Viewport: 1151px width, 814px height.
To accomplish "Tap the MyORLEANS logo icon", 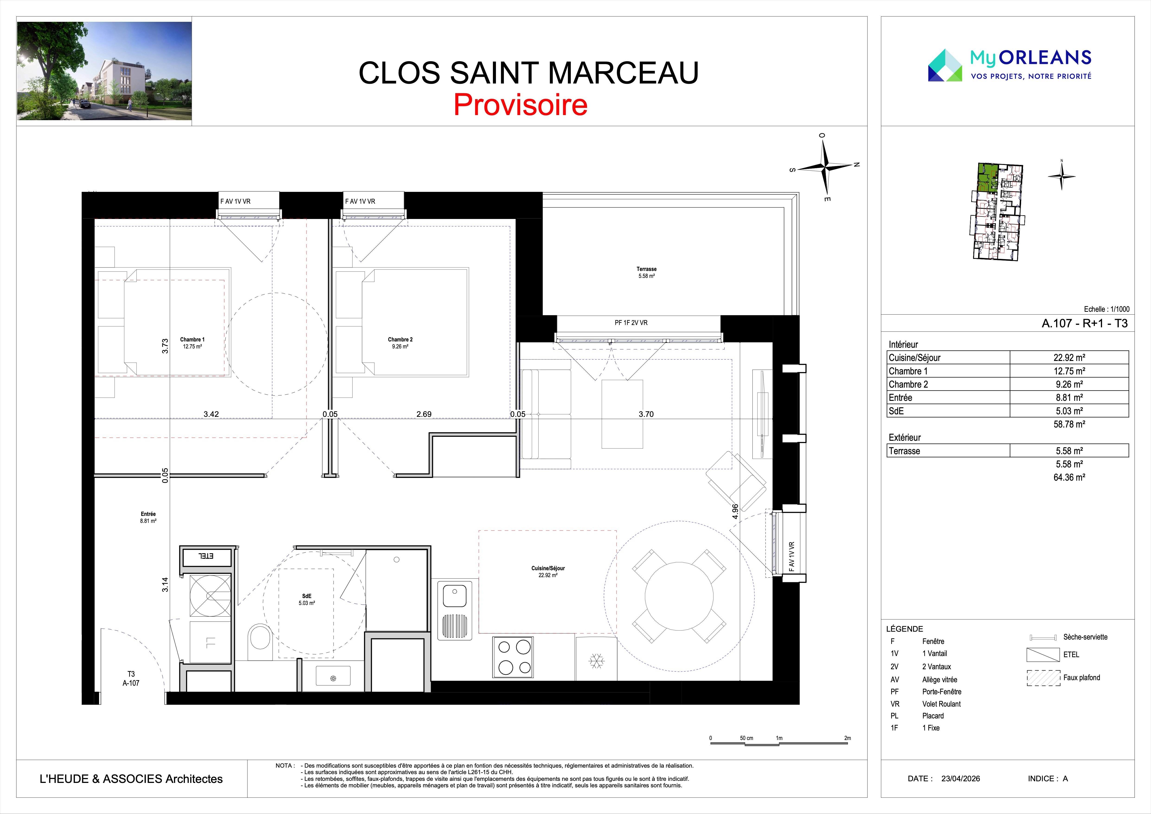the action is point(945,65).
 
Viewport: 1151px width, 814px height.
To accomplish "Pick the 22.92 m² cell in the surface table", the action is point(1069,357).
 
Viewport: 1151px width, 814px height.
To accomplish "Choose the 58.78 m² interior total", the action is point(1069,424).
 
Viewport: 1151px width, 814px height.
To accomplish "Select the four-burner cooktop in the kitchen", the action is point(513,657).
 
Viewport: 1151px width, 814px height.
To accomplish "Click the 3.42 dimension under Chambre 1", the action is point(211,414).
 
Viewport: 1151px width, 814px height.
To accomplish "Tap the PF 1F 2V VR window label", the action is point(631,323).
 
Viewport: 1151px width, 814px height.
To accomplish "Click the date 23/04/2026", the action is point(961,779).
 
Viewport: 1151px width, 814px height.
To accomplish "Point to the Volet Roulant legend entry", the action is point(942,704).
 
